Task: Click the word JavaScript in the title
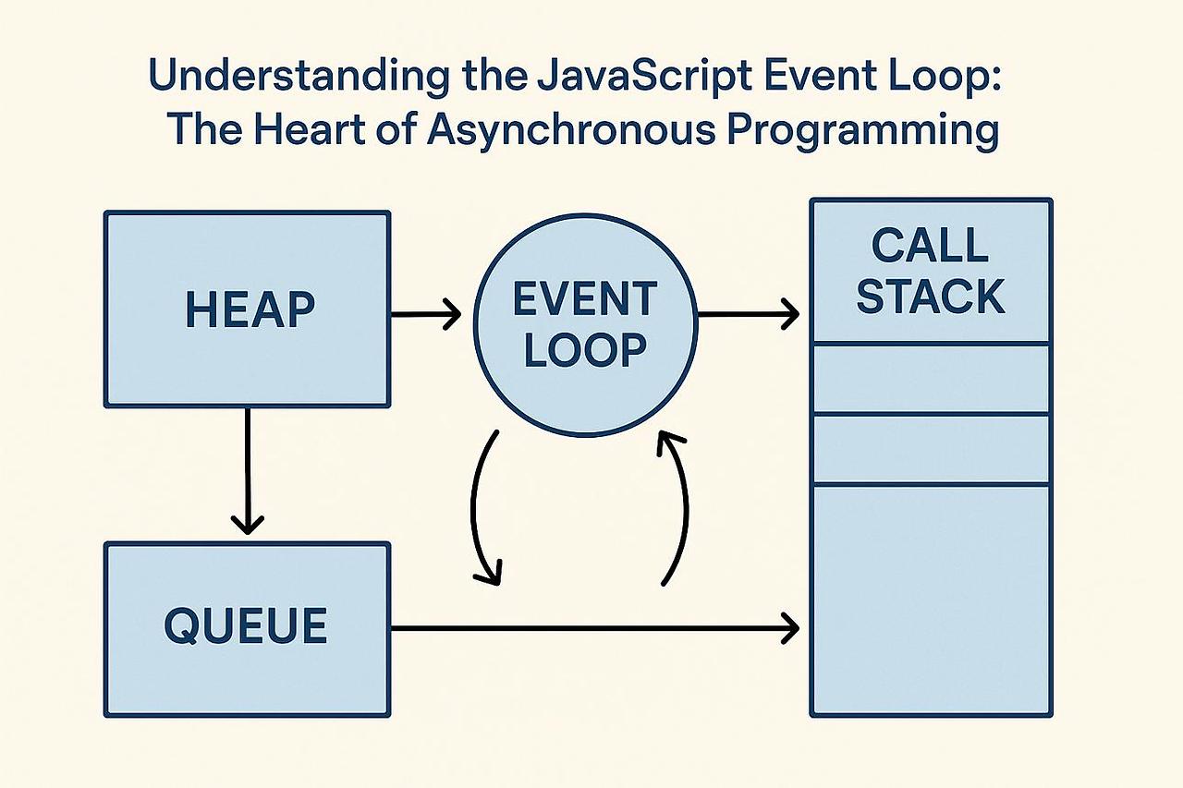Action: (644, 76)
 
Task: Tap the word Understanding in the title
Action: (299, 76)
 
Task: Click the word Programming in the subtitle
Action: (863, 130)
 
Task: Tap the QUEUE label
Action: (246, 626)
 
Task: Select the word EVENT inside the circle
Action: (585, 299)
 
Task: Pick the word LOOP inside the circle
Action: (585, 349)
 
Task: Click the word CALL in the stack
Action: (930, 246)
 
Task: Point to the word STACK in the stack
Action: (930, 296)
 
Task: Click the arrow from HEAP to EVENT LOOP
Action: (426, 314)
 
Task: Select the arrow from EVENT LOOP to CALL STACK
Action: (748, 314)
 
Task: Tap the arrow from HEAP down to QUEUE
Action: (247, 470)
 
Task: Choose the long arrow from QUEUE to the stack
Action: (594, 628)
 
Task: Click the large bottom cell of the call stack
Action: (931, 600)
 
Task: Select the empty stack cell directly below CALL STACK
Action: (931, 379)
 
